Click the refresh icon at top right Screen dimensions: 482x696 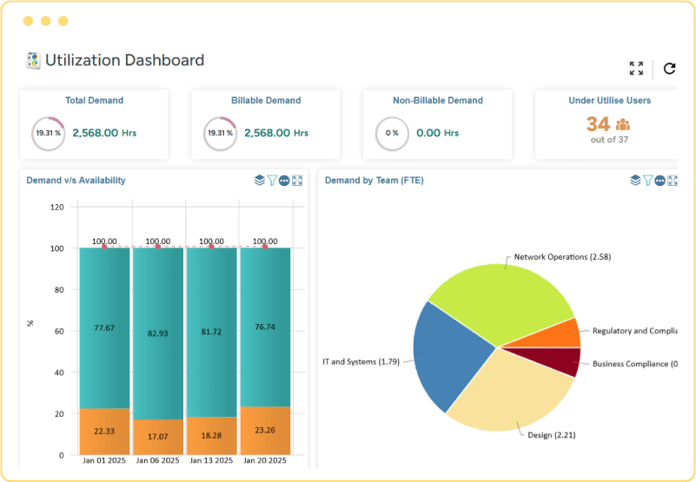point(669,69)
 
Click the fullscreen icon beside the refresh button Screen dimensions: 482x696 point(636,69)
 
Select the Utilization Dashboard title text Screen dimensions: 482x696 point(124,61)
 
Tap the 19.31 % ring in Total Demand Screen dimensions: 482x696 point(48,134)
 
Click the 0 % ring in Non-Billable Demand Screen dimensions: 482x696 point(392,134)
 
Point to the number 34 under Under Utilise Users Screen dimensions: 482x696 point(598,124)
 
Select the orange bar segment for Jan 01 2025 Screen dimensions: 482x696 point(104,432)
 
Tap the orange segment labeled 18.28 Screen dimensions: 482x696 point(211,435)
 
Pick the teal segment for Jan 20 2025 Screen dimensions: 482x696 point(265,327)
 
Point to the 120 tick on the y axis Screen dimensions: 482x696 point(57,208)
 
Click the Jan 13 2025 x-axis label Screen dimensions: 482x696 point(211,460)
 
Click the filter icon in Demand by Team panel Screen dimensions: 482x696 point(647,181)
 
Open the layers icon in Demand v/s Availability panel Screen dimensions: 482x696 point(259,181)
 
